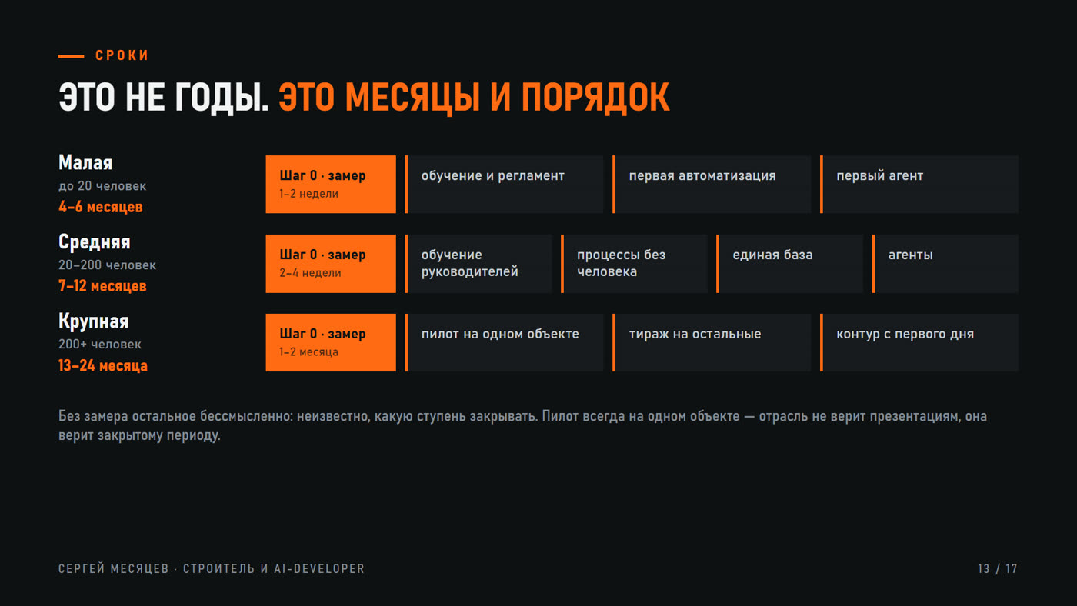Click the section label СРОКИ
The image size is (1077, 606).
[x=122, y=55]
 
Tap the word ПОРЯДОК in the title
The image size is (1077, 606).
[x=595, y=98]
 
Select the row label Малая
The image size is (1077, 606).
[x=85, y=163]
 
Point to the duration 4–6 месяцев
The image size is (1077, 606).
[x=101, y=207]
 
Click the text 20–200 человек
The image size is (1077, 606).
[x=107, y=265]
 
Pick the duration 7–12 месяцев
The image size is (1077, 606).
[x=102, y=286]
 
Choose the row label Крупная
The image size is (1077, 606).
[x=93, y=321]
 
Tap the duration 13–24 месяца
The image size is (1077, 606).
[x=103, y=366]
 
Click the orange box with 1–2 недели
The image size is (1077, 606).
[x=331, y=184]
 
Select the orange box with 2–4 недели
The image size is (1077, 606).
[x=331, y=263]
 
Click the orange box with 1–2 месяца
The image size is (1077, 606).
[x=331, y=343]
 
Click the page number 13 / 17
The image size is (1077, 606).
[x=998, y=569]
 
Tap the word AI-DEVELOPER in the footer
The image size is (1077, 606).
[x=319, y=569]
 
